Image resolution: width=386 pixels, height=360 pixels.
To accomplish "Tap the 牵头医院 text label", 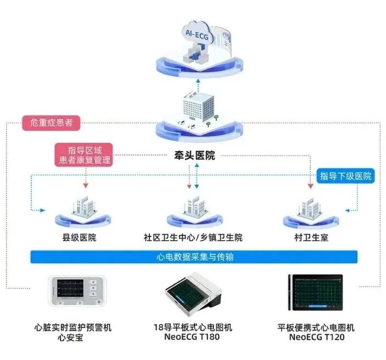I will (x=192, y=156).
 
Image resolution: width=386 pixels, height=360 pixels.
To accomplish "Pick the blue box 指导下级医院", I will (x=346, y=176).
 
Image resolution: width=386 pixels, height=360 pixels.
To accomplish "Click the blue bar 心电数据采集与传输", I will (x=194, y=257).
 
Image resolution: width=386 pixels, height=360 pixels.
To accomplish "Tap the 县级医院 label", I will (x=80, y=238).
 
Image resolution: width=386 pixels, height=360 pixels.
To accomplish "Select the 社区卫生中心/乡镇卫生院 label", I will (x=193, y=238).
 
